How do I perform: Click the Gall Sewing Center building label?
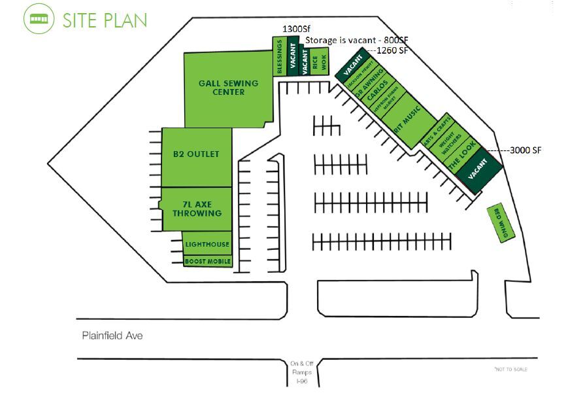[x=228, y=88]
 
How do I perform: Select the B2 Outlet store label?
[x=196, y=154]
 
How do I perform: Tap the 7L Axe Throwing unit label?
[x=196, y=209]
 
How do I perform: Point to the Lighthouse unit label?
[x=207, y=245]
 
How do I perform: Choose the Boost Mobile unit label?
[x=208, y=262]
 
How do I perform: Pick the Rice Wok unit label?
[x=318, y=63]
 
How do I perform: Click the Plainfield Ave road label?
[x=112, y=336]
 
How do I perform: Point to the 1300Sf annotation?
[x=294, y=29]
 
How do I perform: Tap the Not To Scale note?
[x=510, y=370]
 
